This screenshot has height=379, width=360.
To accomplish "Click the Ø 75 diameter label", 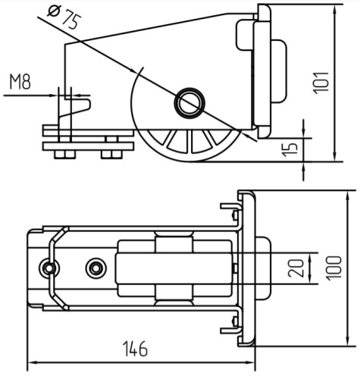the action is (x=64, y=17).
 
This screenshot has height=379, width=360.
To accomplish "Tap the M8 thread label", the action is (x=20, y=82).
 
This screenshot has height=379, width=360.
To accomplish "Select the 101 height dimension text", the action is (x=321, y=83).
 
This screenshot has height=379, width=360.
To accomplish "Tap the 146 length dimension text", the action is (x=135, y=349).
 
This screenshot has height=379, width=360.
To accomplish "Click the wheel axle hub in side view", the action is (x=189, y=103).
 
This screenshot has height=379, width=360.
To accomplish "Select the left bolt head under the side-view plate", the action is (x=65, y=155).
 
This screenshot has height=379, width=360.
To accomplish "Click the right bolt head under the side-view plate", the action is (x=111, y=155).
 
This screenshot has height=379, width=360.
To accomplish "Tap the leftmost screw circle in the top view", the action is (x=49, y=268).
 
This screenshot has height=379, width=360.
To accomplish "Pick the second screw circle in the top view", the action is (x=96, y=268).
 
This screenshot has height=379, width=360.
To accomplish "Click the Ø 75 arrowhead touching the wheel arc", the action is (x=133, y=70).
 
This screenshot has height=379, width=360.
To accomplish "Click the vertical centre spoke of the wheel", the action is (x=189, y=141).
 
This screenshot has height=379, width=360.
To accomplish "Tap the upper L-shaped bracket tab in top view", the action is (x=230, y=209).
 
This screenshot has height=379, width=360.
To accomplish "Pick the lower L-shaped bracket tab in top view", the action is (x=230, y=327).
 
